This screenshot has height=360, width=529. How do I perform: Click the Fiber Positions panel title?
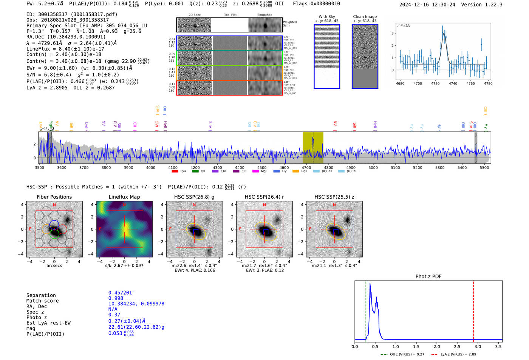point(54,197)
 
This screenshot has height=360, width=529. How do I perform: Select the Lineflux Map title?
point(124,197)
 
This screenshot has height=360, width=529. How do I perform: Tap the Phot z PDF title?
point(428,277)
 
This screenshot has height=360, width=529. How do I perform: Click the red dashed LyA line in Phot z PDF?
point(473,310)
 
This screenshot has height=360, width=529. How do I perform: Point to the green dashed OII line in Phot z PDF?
point(366,310)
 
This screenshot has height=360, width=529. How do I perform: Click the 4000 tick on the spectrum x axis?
point(151,168)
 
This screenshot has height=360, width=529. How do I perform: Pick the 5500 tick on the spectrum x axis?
point(484,168)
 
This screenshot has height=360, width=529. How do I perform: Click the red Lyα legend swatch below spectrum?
point(175,172)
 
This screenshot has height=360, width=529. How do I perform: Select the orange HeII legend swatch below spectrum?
point(295,172)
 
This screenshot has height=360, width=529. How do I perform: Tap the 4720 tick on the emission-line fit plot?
point(435,83)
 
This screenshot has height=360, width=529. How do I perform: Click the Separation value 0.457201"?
point(121,293)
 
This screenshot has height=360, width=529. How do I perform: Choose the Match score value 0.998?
point(116,298)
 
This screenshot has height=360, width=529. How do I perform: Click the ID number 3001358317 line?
point(72,14)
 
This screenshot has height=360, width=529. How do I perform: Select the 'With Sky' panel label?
point(327,17)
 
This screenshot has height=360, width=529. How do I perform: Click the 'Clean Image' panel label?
point(365,17)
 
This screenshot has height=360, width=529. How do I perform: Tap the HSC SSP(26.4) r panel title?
point(264,197)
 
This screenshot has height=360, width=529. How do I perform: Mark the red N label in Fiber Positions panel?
point(54,205)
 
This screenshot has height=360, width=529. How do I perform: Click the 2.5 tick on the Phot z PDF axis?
point(457,346)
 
